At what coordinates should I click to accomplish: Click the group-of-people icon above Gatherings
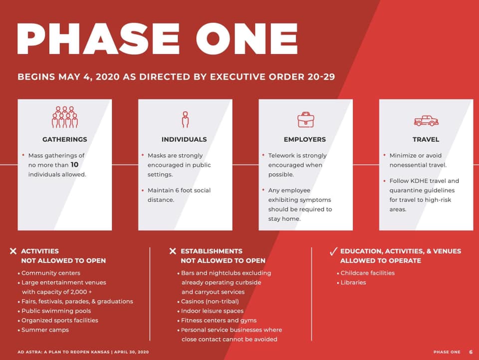[65, 117]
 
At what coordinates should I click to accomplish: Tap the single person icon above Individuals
[185, 119]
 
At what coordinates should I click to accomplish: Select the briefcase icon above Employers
[306, 119]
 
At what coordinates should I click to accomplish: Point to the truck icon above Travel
[426, 121]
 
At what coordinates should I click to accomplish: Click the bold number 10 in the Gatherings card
[74, 165]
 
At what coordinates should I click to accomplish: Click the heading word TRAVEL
[426, 140]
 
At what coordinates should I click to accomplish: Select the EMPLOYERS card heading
[305, 140]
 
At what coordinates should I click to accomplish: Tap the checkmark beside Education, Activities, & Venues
[334, 251]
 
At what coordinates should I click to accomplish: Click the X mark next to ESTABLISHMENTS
[173, 251]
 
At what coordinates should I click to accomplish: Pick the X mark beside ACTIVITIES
[13, 251]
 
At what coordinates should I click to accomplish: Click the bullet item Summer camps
[45, 330]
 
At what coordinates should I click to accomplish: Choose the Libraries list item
[353, 282]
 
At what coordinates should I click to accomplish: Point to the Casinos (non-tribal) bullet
[210, 301]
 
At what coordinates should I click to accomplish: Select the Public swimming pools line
[56, 311]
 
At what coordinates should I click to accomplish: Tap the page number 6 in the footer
[471, 352]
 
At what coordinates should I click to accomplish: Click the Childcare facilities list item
[368, 273]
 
